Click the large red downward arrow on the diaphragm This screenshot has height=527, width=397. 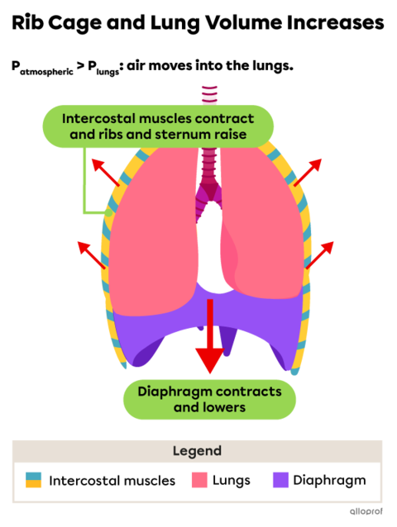(209, 339)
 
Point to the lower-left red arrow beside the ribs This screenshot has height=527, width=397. (91, 254)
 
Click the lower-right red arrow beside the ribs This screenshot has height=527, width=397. (321, 254)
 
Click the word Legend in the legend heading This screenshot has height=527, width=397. (197, 451)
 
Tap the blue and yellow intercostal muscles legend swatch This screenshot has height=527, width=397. (33, 480)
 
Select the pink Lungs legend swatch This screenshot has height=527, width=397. (199, 480)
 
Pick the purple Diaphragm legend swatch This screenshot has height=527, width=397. (280, 480)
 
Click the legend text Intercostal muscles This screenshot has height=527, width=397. (112, 481)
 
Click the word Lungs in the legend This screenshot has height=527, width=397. (231, 481)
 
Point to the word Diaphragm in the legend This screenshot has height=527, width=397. (328, 481)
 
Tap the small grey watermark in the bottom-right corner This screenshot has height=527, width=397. (366, 511)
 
